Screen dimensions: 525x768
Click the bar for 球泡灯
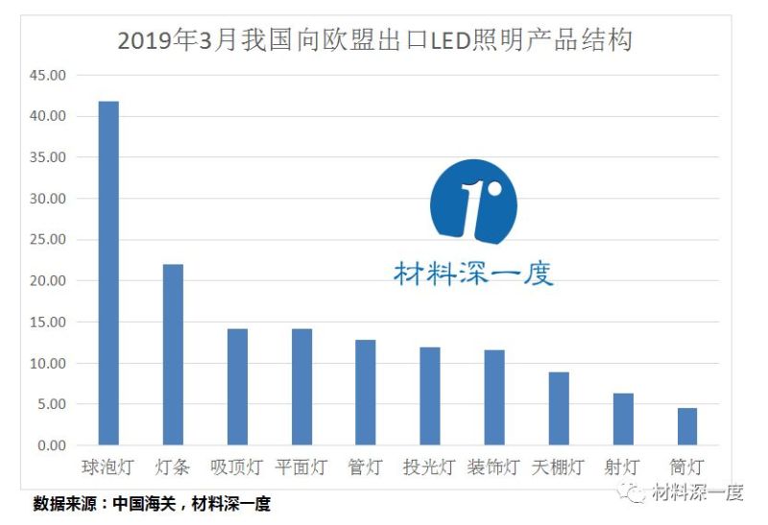click(108, 274)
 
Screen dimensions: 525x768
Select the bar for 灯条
click(173, 355)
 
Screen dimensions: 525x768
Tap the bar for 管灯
click(365, 393)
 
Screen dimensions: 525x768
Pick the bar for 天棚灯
click(559, 409)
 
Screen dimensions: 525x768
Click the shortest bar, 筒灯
click(687, 427)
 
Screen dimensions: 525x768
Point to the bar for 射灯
click(623, 419)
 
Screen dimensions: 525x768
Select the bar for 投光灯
click(430, 396)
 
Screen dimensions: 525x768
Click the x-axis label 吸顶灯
click(236, 467)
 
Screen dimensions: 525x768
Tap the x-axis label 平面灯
click(300, 467)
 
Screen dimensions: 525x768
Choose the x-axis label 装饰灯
click(493, 467)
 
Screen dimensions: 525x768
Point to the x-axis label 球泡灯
click(108, 467)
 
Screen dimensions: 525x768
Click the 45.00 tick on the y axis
click(47, 75)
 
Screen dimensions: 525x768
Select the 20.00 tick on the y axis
click(47, 281)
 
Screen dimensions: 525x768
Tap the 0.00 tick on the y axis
click(50, 446)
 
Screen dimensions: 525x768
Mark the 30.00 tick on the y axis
click(47, 199)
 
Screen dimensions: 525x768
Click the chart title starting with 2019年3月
click(374, 41)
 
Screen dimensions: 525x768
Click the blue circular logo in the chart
click(473, 203)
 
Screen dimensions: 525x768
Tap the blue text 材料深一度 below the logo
click(473, 274)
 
